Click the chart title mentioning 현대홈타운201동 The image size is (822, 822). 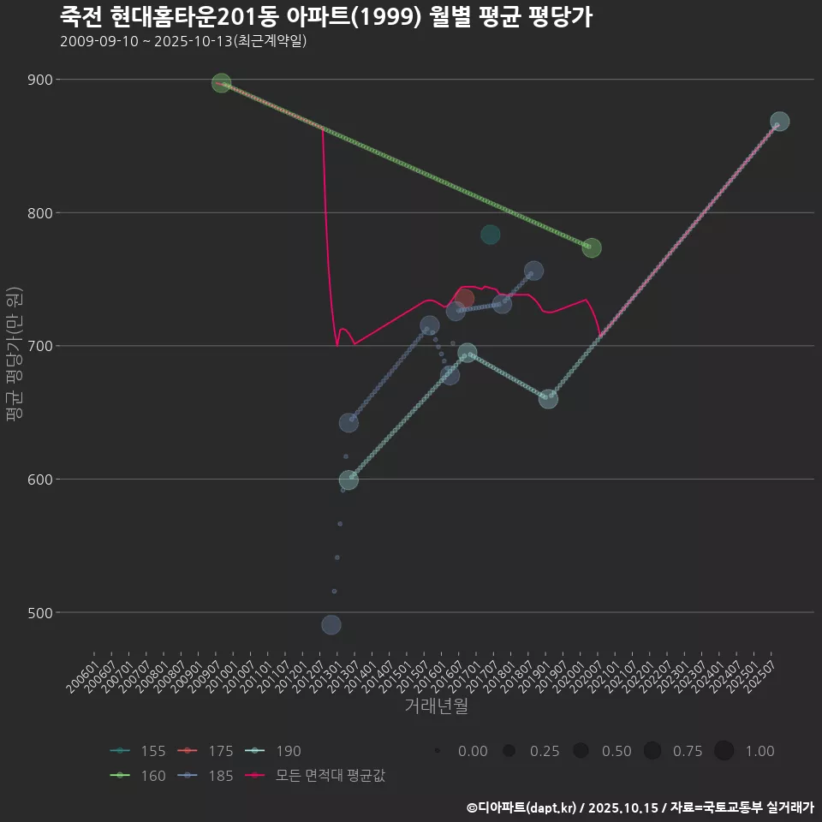pos(325,17)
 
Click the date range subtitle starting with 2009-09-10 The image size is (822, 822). pos(183,42)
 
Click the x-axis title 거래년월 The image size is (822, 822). pos(436,706)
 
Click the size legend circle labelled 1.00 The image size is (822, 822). pos(724,751)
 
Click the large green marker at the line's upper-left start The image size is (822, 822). pos(221,83)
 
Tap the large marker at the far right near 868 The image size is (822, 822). pos(779,122)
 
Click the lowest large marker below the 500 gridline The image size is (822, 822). pos(331,625)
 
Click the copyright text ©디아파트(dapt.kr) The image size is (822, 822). pos(526,807)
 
